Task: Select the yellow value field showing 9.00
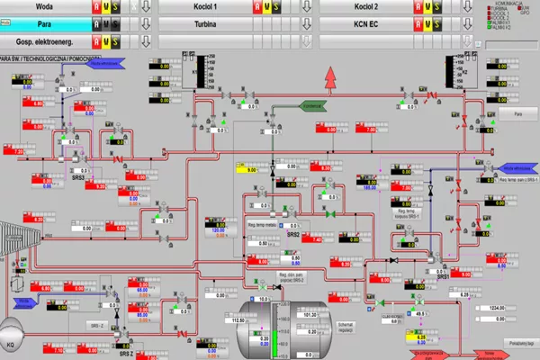(247, 168)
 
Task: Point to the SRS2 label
(293, 234)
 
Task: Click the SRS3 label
(78, 177)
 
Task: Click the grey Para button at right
(517, 114)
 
